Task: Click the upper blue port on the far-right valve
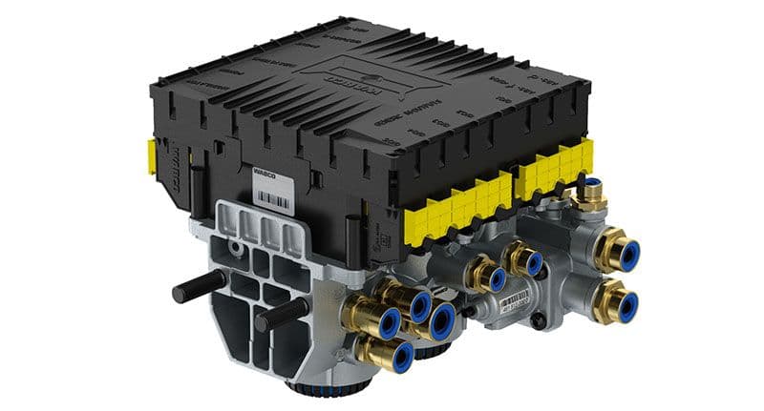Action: tap(627, 256)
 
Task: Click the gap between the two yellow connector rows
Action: tap(512, 181)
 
